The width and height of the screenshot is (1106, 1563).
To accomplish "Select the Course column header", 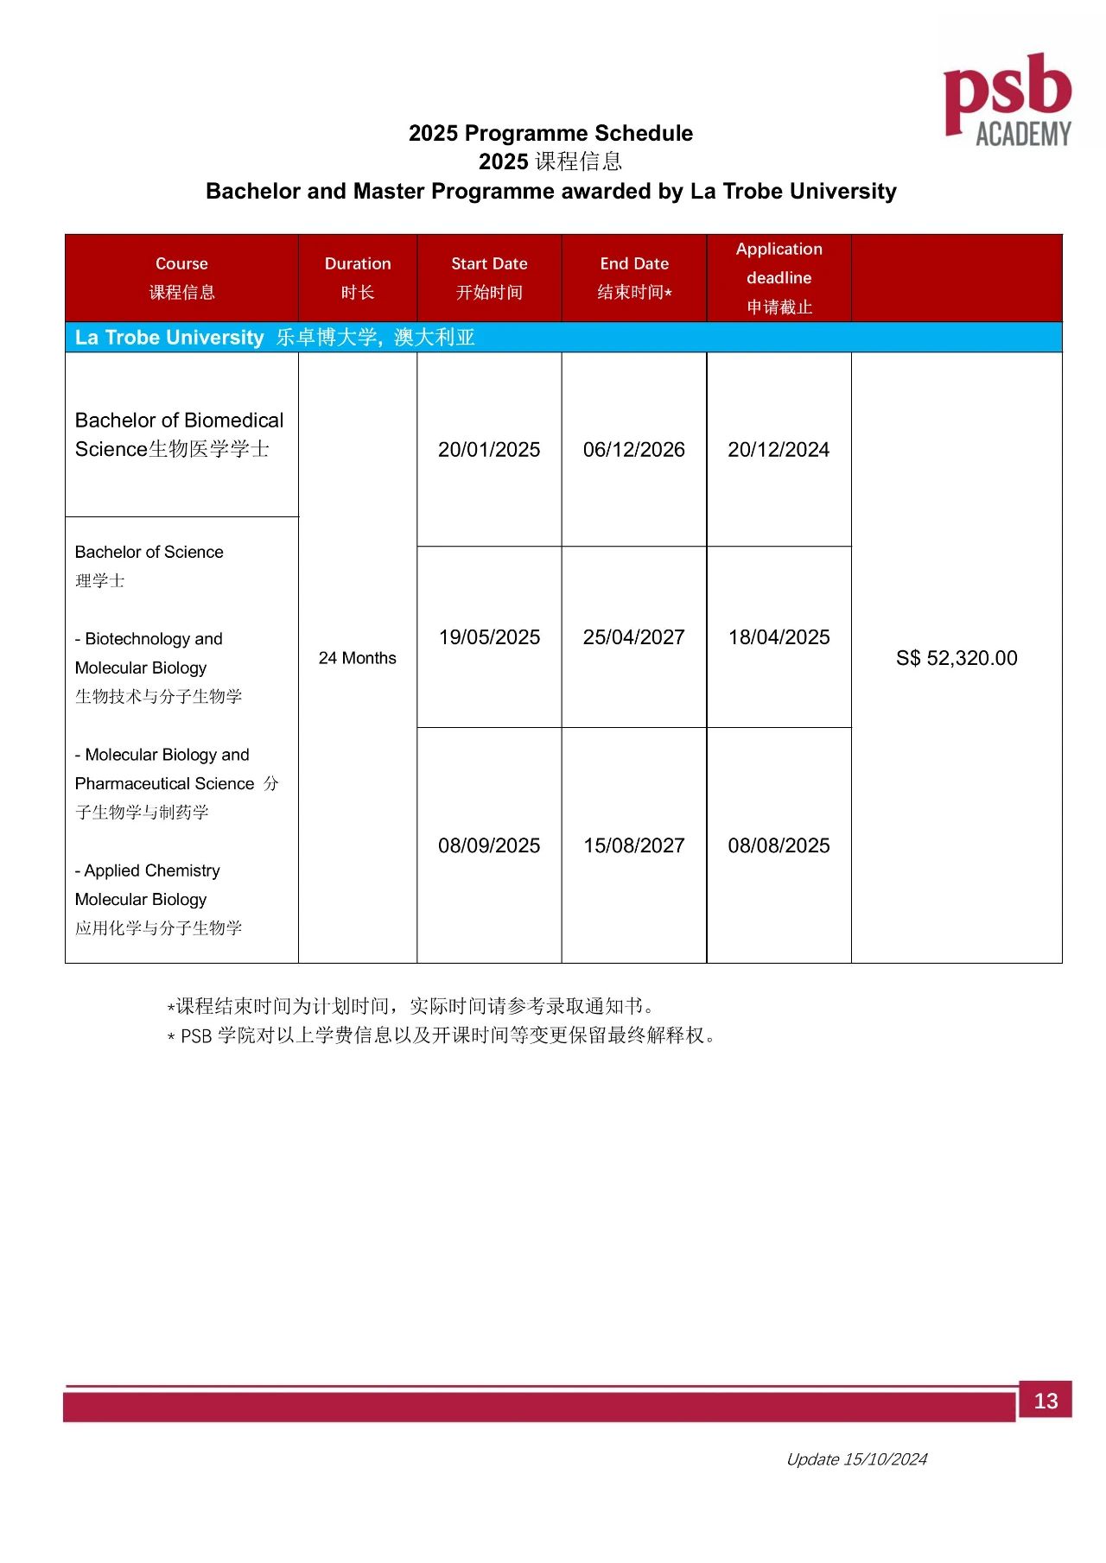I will tap(181, 277).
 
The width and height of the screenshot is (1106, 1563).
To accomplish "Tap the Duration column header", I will tap(358, 277).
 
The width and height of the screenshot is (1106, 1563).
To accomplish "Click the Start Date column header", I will tap(489, 277).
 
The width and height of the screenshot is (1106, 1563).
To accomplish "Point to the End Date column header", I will tap(634, 277).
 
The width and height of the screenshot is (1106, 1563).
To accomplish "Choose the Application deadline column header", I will tap(779, 277).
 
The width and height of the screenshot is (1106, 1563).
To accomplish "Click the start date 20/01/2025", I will tap(489, 449).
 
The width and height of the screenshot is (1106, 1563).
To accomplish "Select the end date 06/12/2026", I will tap(634, 449).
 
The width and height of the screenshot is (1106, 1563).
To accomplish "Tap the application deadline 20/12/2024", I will tap(779, 449).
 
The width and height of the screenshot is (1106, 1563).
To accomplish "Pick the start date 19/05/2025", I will tap(489, 637).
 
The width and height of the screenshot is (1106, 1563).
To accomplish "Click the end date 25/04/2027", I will tap(634, 637).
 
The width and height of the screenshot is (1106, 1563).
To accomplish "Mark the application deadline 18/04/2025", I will tap(779, 637).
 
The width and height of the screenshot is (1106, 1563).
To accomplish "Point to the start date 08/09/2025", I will tap(489, 845).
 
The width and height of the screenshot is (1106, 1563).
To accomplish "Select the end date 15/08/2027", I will tap(634, 845).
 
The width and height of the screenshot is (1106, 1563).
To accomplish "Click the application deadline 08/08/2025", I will tap(779, 845).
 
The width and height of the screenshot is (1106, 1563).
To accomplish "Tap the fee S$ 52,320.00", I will tap(957, 658).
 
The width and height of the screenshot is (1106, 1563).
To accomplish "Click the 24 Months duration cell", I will tap(358, 658).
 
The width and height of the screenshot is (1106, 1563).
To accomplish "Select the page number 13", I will tap(1046, 1401).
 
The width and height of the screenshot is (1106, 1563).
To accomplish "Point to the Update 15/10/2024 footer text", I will tap(856, 1459).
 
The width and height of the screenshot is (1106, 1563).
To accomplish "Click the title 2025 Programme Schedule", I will tap(550, 133).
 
